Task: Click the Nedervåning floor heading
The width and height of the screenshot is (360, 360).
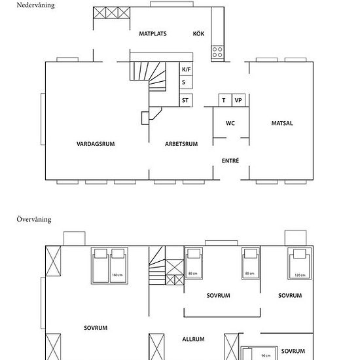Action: coord(35,5)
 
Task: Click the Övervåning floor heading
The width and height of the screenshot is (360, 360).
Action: coord(34,219)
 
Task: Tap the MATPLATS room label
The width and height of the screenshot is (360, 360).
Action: coord(153,34)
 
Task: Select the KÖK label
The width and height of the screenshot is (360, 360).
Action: coord(198,33)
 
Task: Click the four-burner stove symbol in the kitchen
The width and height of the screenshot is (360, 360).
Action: coord(217,52)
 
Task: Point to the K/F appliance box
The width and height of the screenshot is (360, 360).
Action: coord(186,69)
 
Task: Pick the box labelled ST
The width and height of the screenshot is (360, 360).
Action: coord(186,100)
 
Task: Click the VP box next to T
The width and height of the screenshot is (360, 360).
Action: coord(238,100)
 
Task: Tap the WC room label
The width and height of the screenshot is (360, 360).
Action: coord(230,123)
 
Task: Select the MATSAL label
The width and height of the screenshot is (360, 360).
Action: coord(282,123)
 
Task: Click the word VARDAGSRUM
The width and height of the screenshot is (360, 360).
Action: coord(96,144)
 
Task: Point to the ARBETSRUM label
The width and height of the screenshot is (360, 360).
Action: coord(181,144)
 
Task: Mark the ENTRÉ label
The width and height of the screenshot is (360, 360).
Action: coord(230,160)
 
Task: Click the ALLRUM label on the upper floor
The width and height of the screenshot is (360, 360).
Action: coord(193,339)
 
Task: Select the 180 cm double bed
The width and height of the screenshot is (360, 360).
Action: coord(109,266)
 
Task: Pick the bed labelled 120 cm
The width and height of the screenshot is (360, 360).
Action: coord(299,263)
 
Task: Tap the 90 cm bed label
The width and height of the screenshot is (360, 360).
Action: coord(266,355)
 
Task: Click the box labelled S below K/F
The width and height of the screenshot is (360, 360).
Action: coord(186,82)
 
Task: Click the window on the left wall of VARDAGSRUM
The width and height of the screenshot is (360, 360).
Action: coord(43,119)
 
